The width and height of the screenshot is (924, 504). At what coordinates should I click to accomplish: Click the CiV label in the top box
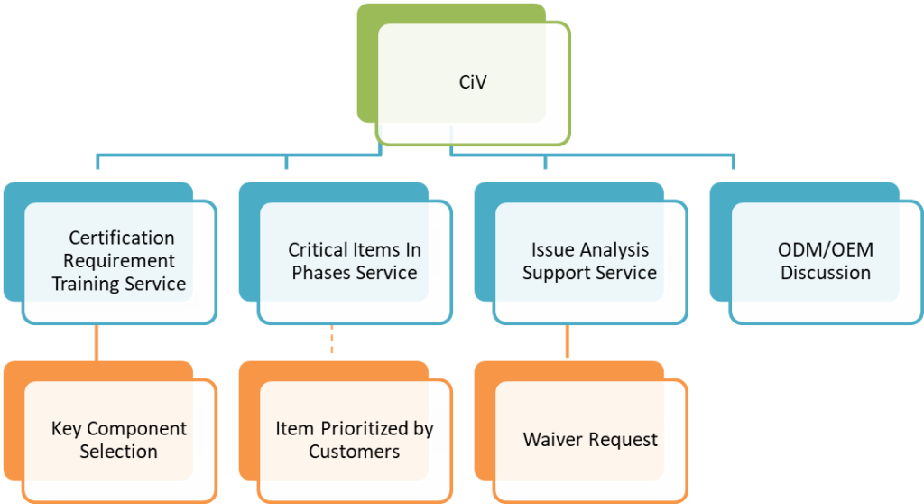[474, 83]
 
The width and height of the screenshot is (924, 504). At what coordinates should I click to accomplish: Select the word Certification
[122, 238]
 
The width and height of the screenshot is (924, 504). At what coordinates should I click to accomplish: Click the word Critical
[317, 249]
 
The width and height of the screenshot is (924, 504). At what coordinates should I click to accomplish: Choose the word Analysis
[614, 249]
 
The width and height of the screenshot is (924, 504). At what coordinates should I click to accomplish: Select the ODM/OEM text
[825, 249]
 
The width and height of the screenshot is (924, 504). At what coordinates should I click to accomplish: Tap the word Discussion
[825, 272]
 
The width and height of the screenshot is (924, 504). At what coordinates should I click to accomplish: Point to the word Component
[136, 428]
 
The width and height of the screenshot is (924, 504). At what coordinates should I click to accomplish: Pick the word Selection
[118, 451]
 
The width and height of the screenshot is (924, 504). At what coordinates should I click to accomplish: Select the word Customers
[354, 451]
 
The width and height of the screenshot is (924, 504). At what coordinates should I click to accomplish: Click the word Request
[623, 440]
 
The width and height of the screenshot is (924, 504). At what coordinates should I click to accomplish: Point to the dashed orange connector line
[331, 341]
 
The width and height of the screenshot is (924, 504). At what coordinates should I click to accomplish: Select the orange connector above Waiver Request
[567, 341]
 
